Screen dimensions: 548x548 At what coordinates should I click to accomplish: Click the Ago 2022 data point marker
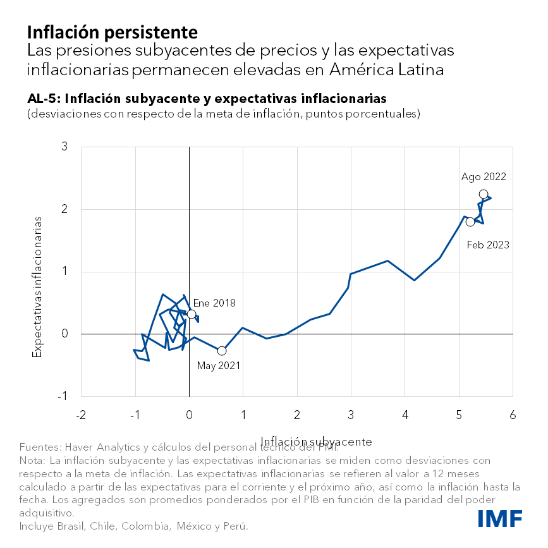pos(484,194)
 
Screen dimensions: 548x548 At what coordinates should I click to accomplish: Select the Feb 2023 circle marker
pos(470,222)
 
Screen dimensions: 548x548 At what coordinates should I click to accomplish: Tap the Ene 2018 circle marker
pos(192,314)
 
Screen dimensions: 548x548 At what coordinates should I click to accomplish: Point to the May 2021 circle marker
pos(221,351)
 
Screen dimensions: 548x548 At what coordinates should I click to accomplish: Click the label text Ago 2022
pos(484,177)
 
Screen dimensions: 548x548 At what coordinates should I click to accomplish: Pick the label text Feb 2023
pos(488,245)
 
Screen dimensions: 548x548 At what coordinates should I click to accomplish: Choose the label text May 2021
pos(219,365)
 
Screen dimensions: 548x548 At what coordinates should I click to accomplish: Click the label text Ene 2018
pos(214,303)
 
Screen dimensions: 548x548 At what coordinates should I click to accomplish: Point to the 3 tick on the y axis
pos(73,148)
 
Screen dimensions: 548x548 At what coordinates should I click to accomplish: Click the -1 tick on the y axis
pos(71,396)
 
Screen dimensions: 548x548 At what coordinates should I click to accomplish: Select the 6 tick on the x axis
pos(512,415)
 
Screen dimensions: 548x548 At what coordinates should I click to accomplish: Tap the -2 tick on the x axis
pos(81,415)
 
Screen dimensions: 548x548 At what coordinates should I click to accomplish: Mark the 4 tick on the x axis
pos(405,415)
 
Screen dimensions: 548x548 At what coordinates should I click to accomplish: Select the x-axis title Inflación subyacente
pos(316,441)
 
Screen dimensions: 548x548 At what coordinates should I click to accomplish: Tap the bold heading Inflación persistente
pos(112,32)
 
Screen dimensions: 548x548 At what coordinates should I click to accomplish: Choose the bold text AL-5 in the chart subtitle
pos(42,99)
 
